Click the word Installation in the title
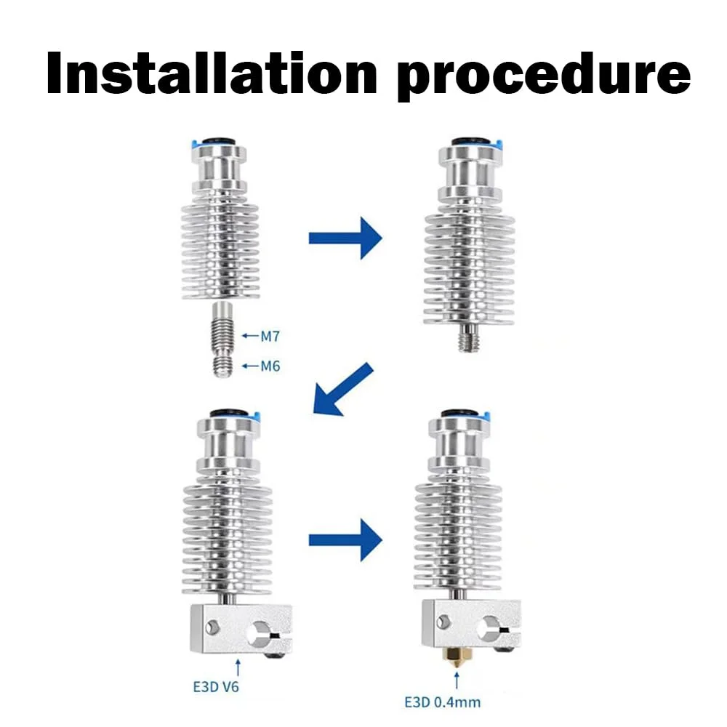[x=212, y=73]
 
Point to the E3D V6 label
[x=216, y=687]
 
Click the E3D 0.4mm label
[x=442, y=702]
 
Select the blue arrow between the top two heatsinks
[x=345, y=238]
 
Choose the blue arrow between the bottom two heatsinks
[x=345, y=539]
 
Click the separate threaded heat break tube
[x=222, y=339]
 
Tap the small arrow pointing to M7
[x=250, y=336]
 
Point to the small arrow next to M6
[x=250, y=366]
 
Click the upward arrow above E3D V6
[x=238, y=667]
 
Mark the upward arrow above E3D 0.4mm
[x=457, y=680]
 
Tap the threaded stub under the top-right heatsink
[x=469, y=337]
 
